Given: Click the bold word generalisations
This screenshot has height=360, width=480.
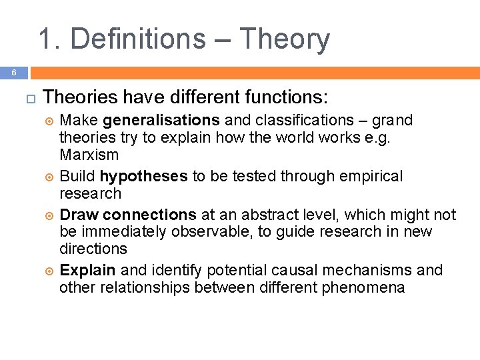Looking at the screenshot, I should coord(161,121).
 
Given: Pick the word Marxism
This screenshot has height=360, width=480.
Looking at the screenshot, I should coord(89,155).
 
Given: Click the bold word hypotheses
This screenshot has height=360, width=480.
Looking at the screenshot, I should coord(143,177).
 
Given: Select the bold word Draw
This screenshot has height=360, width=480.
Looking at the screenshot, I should coord(79,215).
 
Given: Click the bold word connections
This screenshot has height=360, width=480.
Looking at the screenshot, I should coord(150,215).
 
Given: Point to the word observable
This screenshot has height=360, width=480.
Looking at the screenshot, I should coord(209,232).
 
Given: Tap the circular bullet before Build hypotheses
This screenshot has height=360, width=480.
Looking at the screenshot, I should coord(47,177).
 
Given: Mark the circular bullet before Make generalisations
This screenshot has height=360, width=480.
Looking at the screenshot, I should coord(47,121).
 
